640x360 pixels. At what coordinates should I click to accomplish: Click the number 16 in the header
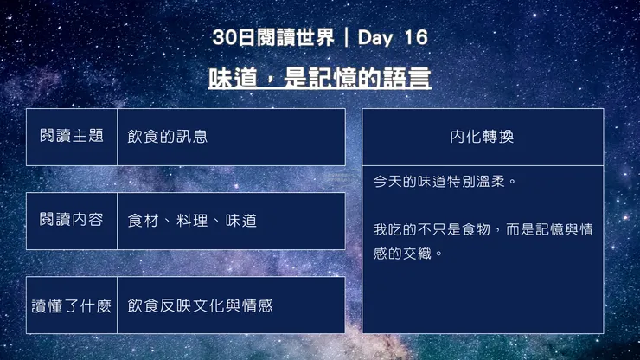pyautogui.click(x=415, y=38)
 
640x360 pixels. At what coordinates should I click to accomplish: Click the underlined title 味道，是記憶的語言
pyautogui.click(x=320, y=78)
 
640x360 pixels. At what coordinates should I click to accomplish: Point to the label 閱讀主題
pyautogui.click(x=72, y=137)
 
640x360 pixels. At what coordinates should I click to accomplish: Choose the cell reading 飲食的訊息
pyautogui.click(x=168, y=137)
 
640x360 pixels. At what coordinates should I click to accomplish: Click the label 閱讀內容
pyautogui.click(x=72, y=221)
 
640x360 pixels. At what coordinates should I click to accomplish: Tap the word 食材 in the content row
pyautogui.click(x=143, y=222)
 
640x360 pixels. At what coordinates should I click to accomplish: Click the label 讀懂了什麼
pyautogui.click(x=72, y=305)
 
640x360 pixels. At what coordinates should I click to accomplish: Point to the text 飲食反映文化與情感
pyautogui.click(x=201, y=305)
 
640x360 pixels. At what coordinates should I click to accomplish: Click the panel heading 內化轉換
pyautogui.click(x=483, y=137)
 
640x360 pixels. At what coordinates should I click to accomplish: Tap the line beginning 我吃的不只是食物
pyautogui.click(x=483, y=229)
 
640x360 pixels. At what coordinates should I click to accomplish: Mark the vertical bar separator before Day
pyautogui.click(x=347, y=38)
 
